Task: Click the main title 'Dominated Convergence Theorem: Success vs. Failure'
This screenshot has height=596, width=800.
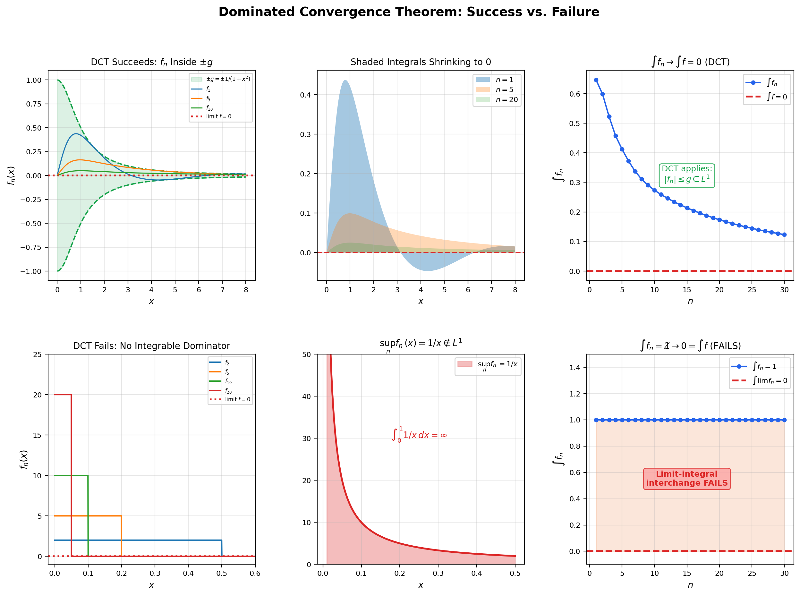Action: (x=409, y=12)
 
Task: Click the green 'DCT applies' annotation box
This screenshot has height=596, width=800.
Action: (x=686, y=175)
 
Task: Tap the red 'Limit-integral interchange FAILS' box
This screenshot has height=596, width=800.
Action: (x=686, y=478)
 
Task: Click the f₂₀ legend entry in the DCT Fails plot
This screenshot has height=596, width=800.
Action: (x=228, y=391)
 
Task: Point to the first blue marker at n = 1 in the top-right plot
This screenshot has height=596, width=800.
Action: (x=596, y=80)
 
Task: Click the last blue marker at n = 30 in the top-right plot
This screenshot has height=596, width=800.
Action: (x=784, y=234)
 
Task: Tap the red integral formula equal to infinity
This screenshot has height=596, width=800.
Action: (x=420, y=435)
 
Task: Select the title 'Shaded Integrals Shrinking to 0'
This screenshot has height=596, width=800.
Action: (x=421, y=62)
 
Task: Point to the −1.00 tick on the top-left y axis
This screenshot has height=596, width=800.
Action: (x=31, y=271)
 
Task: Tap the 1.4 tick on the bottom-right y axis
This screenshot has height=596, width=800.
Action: (x=574, y=367)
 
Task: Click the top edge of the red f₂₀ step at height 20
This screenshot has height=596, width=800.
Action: (x=63, y=394)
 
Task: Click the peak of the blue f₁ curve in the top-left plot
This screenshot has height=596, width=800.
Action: (x=75, y=134)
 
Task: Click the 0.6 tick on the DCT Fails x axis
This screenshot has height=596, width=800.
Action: (x=255, y=573)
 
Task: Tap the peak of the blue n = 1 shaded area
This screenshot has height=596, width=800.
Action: (x=345, y=81)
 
